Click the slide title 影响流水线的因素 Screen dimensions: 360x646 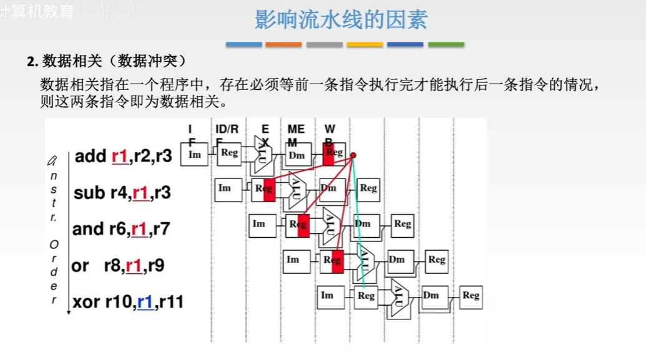pyautogui.click(x=341, y=20)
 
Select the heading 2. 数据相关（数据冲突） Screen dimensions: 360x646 pyautogui.click(x=106, y=61)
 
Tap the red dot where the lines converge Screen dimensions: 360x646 pyautogui.click(x=353, y=155)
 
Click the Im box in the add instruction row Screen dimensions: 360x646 pyautogui.click(x=195, y=154)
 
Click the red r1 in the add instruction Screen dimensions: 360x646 pyautogui.click(x=119, y=156)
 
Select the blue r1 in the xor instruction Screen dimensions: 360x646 pyautogui.click(x=145, y=303)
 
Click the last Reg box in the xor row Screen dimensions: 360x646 pyautogui.click(x=471, y=296)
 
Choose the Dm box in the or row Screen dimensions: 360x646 pyautogui.click(x=397, y=260)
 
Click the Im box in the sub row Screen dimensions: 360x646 pyautogui.click(x=225, y=188)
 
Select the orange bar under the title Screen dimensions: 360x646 pyautogui.click(x=283, y=45)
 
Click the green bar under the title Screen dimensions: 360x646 pyautogui.click(x=446, y=45)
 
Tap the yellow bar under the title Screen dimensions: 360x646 pyautogui.click(x=365, y=45)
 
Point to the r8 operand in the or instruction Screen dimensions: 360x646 pyautogui.click(x=113, y=266)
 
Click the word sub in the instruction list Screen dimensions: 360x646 pyautogui.click(x=89, y=193)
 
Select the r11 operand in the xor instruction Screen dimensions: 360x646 pyautogui.click(x=172, y=303)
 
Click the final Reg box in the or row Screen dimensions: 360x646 pyautogui.click(x=437, y=260)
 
